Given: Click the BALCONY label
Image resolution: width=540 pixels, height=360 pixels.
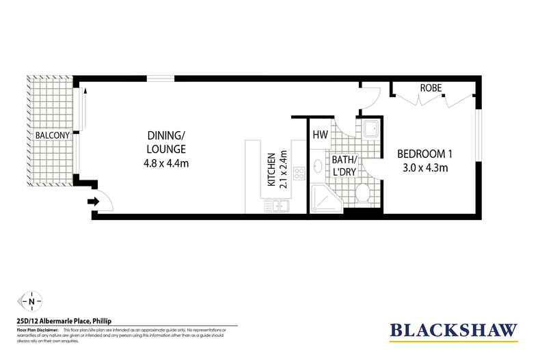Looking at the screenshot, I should pos(51,135).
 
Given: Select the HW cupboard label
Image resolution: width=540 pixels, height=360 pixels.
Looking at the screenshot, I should pos(320,135).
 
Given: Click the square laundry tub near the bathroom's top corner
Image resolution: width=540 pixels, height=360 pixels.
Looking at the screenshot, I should pos(371,128).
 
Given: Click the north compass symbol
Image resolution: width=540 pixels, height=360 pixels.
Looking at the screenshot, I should pos(31,300).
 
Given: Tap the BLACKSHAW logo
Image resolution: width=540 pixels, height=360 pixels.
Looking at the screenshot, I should pos(453,330).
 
